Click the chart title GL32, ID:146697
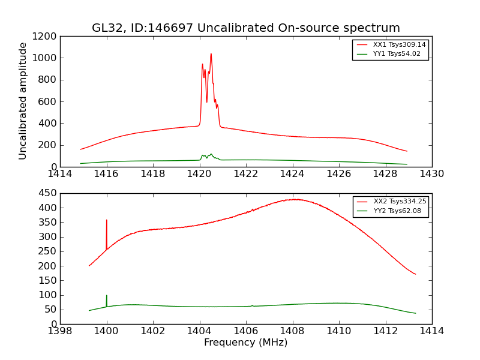click(x=245, y=28)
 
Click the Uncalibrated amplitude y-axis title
click(x=23, y=101)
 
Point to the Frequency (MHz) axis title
click(x=245, y=343)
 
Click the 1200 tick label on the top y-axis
click(x=45, y=37)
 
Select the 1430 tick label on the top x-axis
click(x=431, y=174)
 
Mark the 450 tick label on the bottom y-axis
click(x=48, y=193)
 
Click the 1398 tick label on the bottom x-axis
click(x=60, y=331)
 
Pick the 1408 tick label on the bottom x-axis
click(x=292, y=331)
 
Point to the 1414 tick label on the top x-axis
click(x=60, y=174)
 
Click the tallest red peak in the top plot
click(x=211, y=54)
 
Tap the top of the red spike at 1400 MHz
click(x=107, y=220)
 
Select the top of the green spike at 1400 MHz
click(x=107, y=296)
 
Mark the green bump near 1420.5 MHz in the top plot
click(x=211, y=154)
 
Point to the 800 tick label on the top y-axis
click(x=48, y=80)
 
